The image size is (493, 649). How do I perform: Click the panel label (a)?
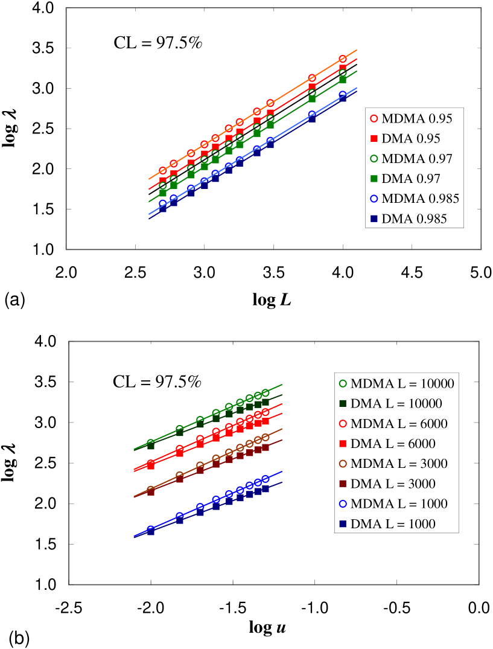coord(14,299)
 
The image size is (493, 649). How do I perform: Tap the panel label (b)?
coord(19,638)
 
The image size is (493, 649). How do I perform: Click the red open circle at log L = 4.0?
coord(343,59)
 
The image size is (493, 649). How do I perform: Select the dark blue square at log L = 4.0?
coord(343,98)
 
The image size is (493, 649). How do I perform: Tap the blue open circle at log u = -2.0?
coord(151,529)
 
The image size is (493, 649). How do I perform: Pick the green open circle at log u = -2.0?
coord(151,443)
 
